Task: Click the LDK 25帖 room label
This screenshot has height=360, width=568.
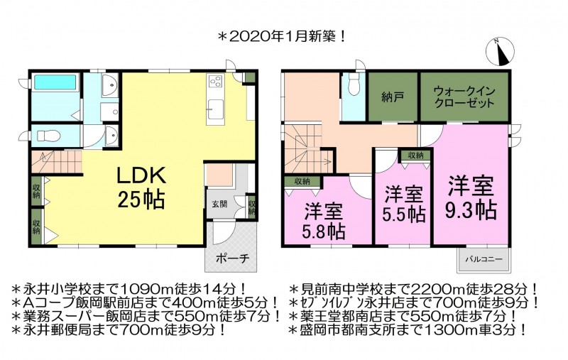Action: click(141, 187)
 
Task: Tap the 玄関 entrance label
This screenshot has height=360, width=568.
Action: click(219, 204)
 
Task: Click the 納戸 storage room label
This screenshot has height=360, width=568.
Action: click(393, 97)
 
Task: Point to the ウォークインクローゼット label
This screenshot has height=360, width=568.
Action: click(464, 97)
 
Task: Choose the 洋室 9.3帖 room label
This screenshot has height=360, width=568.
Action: click(470, 197)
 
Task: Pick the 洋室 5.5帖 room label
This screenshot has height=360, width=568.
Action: click(403, 204)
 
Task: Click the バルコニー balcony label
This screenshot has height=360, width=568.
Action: click(484, 259)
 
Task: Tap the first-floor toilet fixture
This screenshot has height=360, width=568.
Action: click(48, 136)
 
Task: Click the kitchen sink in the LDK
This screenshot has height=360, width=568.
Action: click(215, 109)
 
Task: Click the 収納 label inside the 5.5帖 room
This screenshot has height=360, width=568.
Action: click(415, 156)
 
